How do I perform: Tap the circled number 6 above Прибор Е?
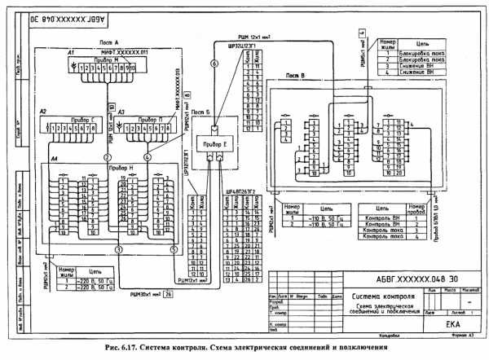pos(214,63)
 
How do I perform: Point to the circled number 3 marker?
pos(118,248)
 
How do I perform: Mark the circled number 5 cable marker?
pos(172,248)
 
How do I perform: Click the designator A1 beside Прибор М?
pos(72,53)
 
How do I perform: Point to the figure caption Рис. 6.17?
pos(244,349)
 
